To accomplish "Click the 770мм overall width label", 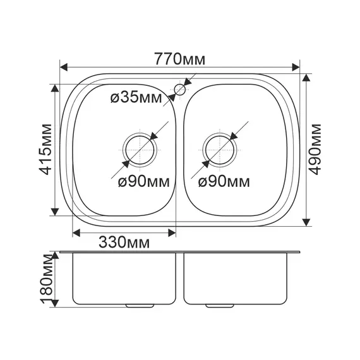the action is tap(179, 59).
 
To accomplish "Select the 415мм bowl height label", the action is tap(45, 149).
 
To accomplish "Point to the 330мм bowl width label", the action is tap(124, 242).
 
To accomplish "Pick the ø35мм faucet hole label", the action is tap(136, 98).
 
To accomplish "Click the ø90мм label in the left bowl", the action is tap(144, 182).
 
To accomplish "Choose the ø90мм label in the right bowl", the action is tap(224, 182).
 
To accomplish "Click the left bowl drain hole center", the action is tap(140, 150).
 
